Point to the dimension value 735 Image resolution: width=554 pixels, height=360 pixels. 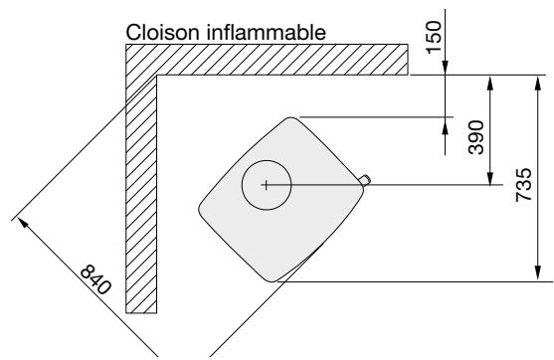523,184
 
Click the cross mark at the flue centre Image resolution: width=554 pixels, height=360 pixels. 267,184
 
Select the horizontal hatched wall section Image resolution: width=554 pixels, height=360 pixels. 269,60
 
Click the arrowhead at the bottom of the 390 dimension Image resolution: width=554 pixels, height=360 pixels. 489,178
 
